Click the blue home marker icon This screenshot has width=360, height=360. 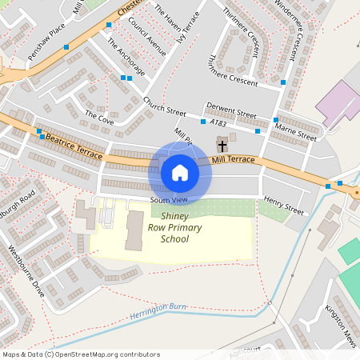[x=180, y=172]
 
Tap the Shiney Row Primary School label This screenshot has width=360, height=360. [x=181, y=227]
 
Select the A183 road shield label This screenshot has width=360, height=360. [x=218, y=122]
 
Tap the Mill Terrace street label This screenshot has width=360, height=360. [x=234, y=160]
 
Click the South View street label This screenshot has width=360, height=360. [x=168, y=199]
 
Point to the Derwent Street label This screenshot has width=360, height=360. [x=231, y=110]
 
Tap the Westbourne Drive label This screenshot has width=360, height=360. [x=26, y=271]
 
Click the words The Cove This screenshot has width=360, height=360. [x=100, y=116]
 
